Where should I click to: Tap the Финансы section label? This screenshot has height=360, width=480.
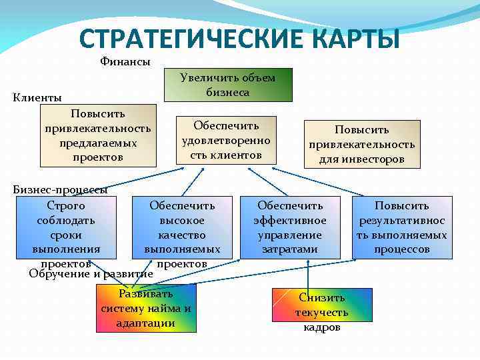click(125, 62)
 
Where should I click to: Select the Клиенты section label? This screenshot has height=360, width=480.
click(37, 97)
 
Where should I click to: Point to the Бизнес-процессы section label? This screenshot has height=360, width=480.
click(60, 189)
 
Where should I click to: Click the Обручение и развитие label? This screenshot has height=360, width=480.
click(91, 273)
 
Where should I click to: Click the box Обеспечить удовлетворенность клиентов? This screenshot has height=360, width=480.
click(226, 140)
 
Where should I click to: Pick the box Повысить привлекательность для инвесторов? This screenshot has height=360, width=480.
click(361, 144)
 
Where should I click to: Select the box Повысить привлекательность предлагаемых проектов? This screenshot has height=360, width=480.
click(98, 135)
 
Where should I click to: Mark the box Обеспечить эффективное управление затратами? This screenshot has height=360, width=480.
click(290, 227)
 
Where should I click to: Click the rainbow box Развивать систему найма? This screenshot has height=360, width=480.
click(146, 308)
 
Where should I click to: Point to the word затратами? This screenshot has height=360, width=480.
click(290, 249)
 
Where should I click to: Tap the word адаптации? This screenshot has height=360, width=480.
click(145, 323)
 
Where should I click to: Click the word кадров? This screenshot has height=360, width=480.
click(322, 327)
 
